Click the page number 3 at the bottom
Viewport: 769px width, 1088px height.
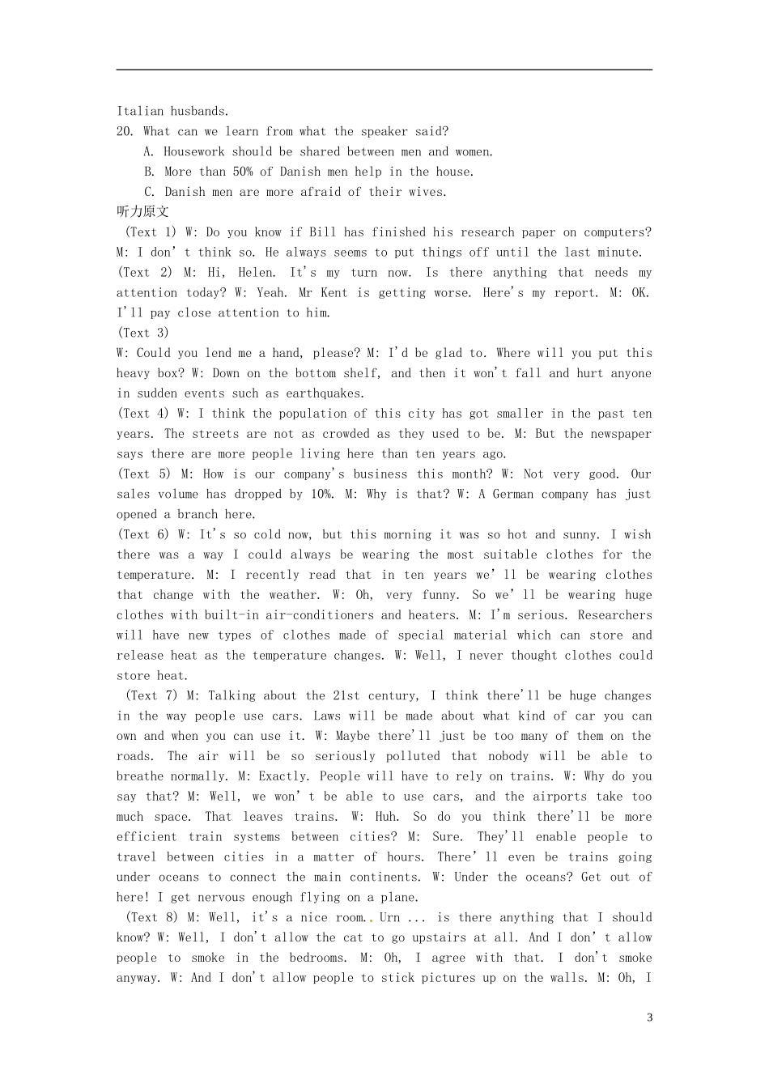(x=649, y=1018)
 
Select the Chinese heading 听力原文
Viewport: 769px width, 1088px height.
(x=142, y=212)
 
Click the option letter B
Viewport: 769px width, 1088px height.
(x=149, y=172)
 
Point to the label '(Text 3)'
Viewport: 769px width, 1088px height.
(x=143, y=333)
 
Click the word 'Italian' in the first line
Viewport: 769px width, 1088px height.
(x=140, y=111)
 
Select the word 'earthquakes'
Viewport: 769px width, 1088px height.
(x=325, y=393)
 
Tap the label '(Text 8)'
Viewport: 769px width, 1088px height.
(x=151, y=917)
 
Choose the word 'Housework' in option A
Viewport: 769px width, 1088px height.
(x=194, y=151)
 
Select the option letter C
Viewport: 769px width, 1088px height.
(x=149, y=192)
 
